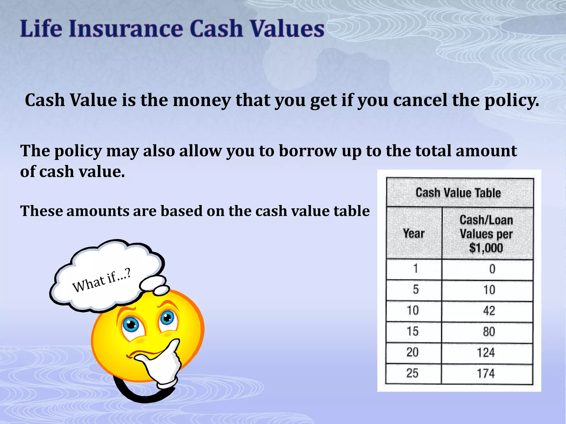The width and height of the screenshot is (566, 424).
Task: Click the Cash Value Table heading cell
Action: (458, 193)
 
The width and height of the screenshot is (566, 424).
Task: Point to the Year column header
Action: (413, 234)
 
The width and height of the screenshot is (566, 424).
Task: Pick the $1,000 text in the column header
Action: (486, 248)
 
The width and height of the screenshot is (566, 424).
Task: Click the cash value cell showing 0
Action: (492, 269)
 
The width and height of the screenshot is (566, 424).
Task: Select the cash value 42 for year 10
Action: (489, 311)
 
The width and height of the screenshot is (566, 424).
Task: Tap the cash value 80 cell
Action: (489, 332)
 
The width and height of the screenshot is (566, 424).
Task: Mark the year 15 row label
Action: (413, 331)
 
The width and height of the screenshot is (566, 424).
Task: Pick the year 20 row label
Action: (412, 352)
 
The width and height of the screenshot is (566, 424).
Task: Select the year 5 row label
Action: (416, 290)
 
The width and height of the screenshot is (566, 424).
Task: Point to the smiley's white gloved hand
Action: (163, 364)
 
